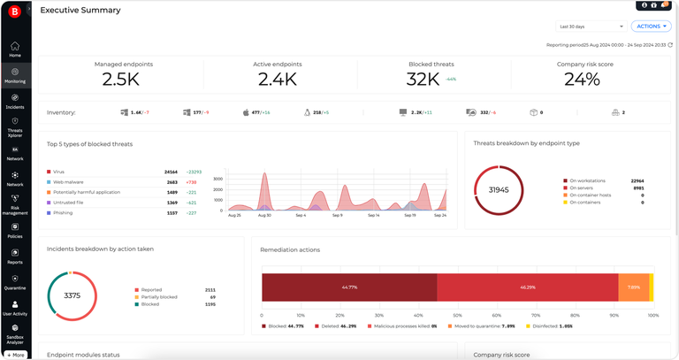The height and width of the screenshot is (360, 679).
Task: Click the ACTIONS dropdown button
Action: click(651, 27)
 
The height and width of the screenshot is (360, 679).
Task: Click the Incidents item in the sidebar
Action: click(15, 101)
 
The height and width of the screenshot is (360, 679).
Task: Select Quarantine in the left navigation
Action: click(15, 282)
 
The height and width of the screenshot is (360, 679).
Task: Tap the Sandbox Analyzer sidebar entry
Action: click(15, 333)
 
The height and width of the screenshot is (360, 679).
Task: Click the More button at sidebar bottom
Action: click(16, 355)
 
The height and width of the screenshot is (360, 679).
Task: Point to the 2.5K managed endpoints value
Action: click(120, 79)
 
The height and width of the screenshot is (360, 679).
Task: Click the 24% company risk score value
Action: click(582, 79)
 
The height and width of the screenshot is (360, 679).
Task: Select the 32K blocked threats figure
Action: click(422, 79)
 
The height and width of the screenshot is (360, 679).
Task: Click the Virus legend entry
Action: click(58, 172)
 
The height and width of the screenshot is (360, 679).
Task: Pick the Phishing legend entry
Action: click(64, 213)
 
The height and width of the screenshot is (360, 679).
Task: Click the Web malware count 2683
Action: click(172, 182)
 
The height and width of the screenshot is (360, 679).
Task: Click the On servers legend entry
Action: click(584, 188)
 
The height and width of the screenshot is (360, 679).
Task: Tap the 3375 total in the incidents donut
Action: click(72, 295)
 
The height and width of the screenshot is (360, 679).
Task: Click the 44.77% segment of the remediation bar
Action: click(349, 287)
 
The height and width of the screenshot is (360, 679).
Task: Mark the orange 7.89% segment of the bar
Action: click(633, 287)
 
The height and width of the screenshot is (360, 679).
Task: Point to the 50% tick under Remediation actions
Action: click(457, 315)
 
